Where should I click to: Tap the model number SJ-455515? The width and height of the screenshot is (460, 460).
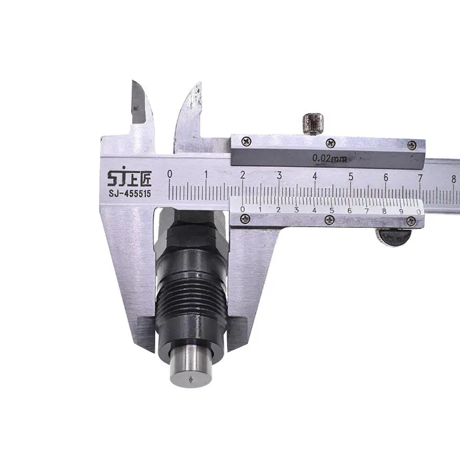[x=130, y=194]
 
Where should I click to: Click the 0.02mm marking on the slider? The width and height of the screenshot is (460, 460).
[x=329, y=159]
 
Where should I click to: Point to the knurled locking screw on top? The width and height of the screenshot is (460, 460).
[x=313, y=124]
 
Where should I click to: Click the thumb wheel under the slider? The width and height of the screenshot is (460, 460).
[x=394, y=237]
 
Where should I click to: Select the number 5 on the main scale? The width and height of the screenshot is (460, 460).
[x=351, y=177]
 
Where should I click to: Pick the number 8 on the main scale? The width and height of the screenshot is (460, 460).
[x=454, y=179]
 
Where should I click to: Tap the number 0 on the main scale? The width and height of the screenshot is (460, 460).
[x=170, y=174]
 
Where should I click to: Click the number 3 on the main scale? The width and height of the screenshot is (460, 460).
[x=279, y=175]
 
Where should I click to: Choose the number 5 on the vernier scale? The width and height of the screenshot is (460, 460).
[x=332, y=210]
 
